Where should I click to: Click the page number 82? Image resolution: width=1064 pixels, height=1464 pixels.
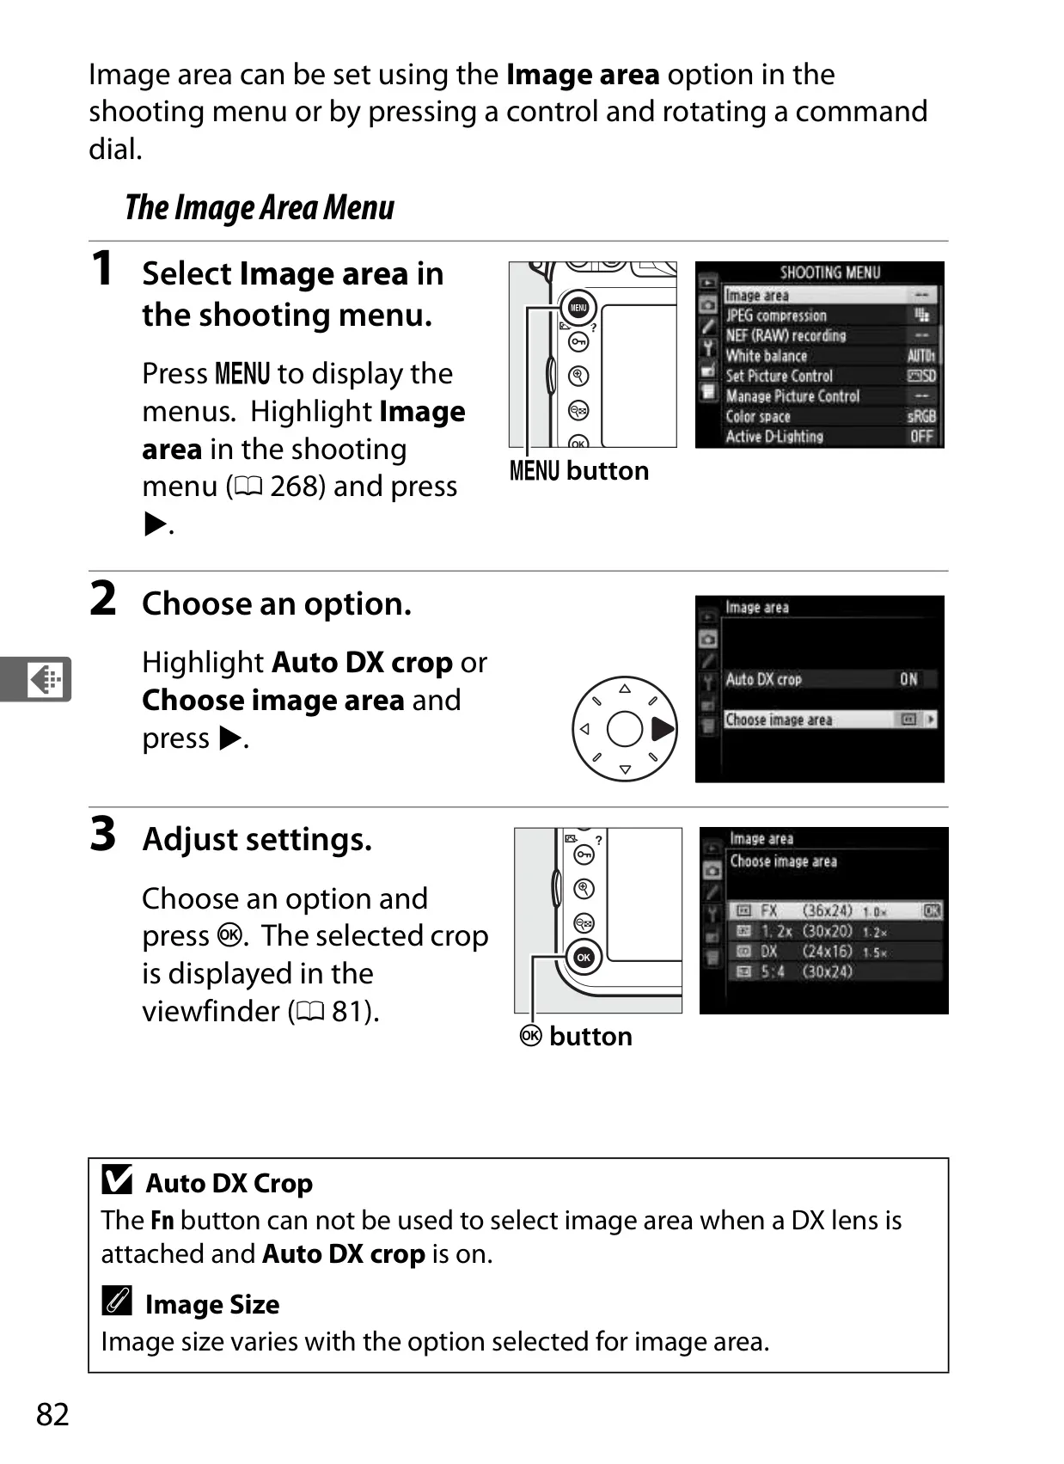(52, 1414)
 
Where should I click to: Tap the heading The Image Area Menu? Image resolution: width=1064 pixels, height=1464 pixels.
(260, 208)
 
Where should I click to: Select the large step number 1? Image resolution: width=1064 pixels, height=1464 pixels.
(102, 268)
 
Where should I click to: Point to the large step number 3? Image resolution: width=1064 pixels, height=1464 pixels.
(102, 834)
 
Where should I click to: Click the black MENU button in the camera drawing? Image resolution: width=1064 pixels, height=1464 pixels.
(578, 307)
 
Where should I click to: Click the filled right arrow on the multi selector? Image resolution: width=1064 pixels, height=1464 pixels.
(662, 729)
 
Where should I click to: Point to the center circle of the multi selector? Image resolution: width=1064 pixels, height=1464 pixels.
(625, 729)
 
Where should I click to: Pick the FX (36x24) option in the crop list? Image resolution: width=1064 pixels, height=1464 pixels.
(835, 911)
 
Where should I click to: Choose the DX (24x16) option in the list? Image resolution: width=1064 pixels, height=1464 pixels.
(835, 952)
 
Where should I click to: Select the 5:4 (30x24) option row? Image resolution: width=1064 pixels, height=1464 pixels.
(835, 972)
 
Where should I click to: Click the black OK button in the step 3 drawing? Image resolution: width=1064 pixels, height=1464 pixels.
(584, 958)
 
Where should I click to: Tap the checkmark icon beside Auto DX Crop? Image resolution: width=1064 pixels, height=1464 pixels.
(118, 1179)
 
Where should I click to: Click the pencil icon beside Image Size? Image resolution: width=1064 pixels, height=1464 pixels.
(118, 1300)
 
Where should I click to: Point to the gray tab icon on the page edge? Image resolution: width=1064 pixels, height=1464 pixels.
(36, 679)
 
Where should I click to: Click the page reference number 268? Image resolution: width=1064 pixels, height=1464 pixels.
(297, 487)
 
